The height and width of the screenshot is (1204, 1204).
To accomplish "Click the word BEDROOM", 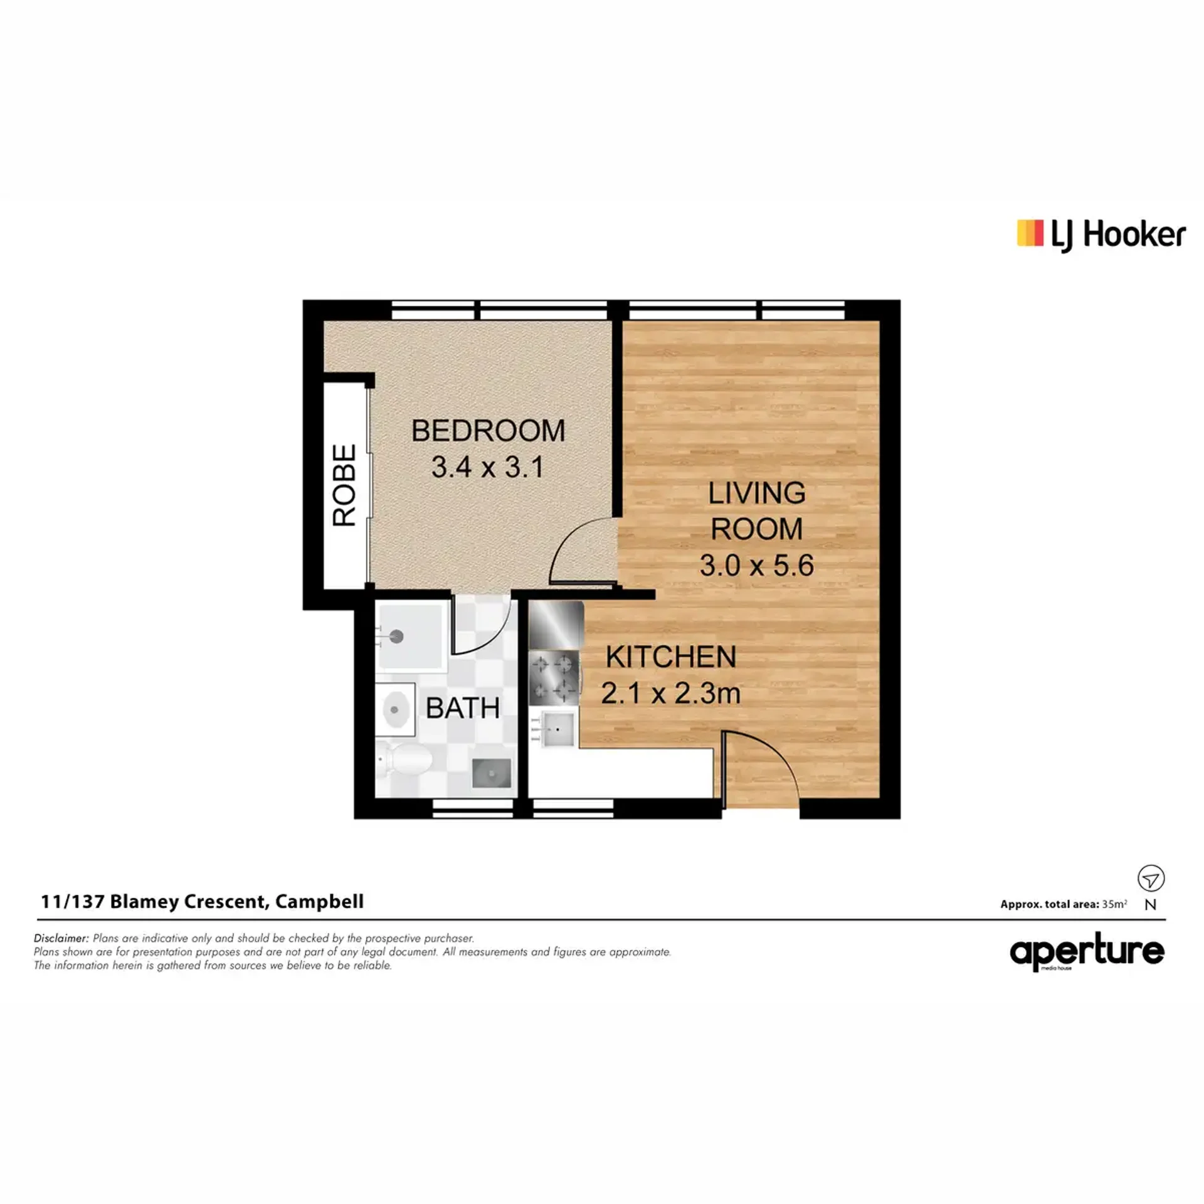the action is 488,431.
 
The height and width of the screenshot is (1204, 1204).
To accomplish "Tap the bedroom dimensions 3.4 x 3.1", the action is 487,467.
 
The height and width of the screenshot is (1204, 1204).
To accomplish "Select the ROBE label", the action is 344,485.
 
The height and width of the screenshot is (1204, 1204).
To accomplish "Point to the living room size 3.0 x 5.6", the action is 756,566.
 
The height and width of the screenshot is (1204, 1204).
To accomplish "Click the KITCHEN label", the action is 671,657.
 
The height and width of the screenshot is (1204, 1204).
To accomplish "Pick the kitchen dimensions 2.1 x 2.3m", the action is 670,694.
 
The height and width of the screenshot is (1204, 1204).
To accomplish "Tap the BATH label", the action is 463,708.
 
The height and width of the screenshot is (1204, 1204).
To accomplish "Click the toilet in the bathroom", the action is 404,760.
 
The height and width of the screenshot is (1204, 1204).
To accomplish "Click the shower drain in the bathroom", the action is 397,636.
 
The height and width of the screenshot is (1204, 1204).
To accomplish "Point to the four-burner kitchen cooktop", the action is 554,678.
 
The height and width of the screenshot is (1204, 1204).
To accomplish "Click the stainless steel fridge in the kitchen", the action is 556,625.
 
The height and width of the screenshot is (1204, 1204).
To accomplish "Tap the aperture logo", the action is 1087,953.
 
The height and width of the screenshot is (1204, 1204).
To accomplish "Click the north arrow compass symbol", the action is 1151,879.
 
